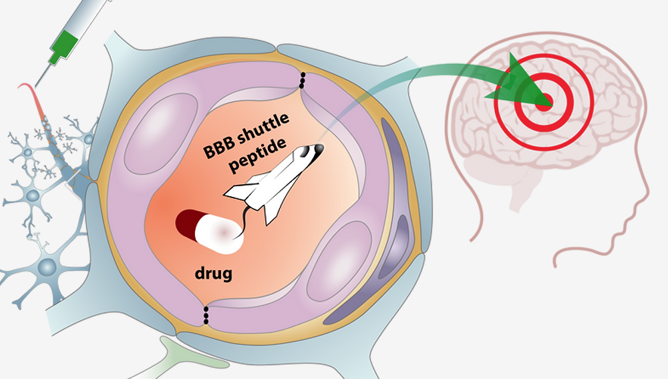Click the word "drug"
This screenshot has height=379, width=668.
(x=213, y=273)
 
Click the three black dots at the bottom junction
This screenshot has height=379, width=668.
(x=205, y=314)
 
